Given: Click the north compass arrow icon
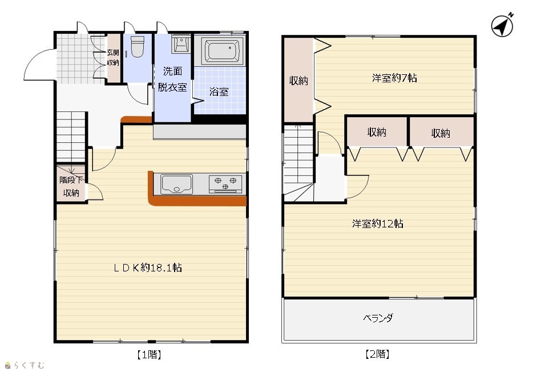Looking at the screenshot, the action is click(502, 25).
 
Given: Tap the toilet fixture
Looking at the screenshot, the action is click(137, 47).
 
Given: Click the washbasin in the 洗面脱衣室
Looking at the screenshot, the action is click(181, 43).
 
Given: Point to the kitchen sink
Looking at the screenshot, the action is click(176, 184).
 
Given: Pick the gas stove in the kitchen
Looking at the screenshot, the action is click(225, 184).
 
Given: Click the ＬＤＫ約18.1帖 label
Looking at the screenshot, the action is click(147, 268).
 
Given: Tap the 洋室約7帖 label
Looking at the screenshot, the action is click(394, 78).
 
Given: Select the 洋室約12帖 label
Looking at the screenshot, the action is click(377, 223).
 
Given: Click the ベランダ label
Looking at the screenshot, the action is click(378, 318).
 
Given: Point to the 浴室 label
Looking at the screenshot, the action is click(219, 92).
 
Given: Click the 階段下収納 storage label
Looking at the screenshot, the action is click(71, 186).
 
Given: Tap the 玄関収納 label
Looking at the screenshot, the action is click(113, 58).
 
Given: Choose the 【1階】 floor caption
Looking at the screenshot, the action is click(149, 355).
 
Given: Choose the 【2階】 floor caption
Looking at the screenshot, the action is click(377, 354).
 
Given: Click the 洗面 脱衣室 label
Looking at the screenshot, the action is click(172, 79).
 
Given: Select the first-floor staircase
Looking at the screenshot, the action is click(71, 137).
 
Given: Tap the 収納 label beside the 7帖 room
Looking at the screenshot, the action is click(298, 81).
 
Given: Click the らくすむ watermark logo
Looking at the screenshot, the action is click(25, 365).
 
